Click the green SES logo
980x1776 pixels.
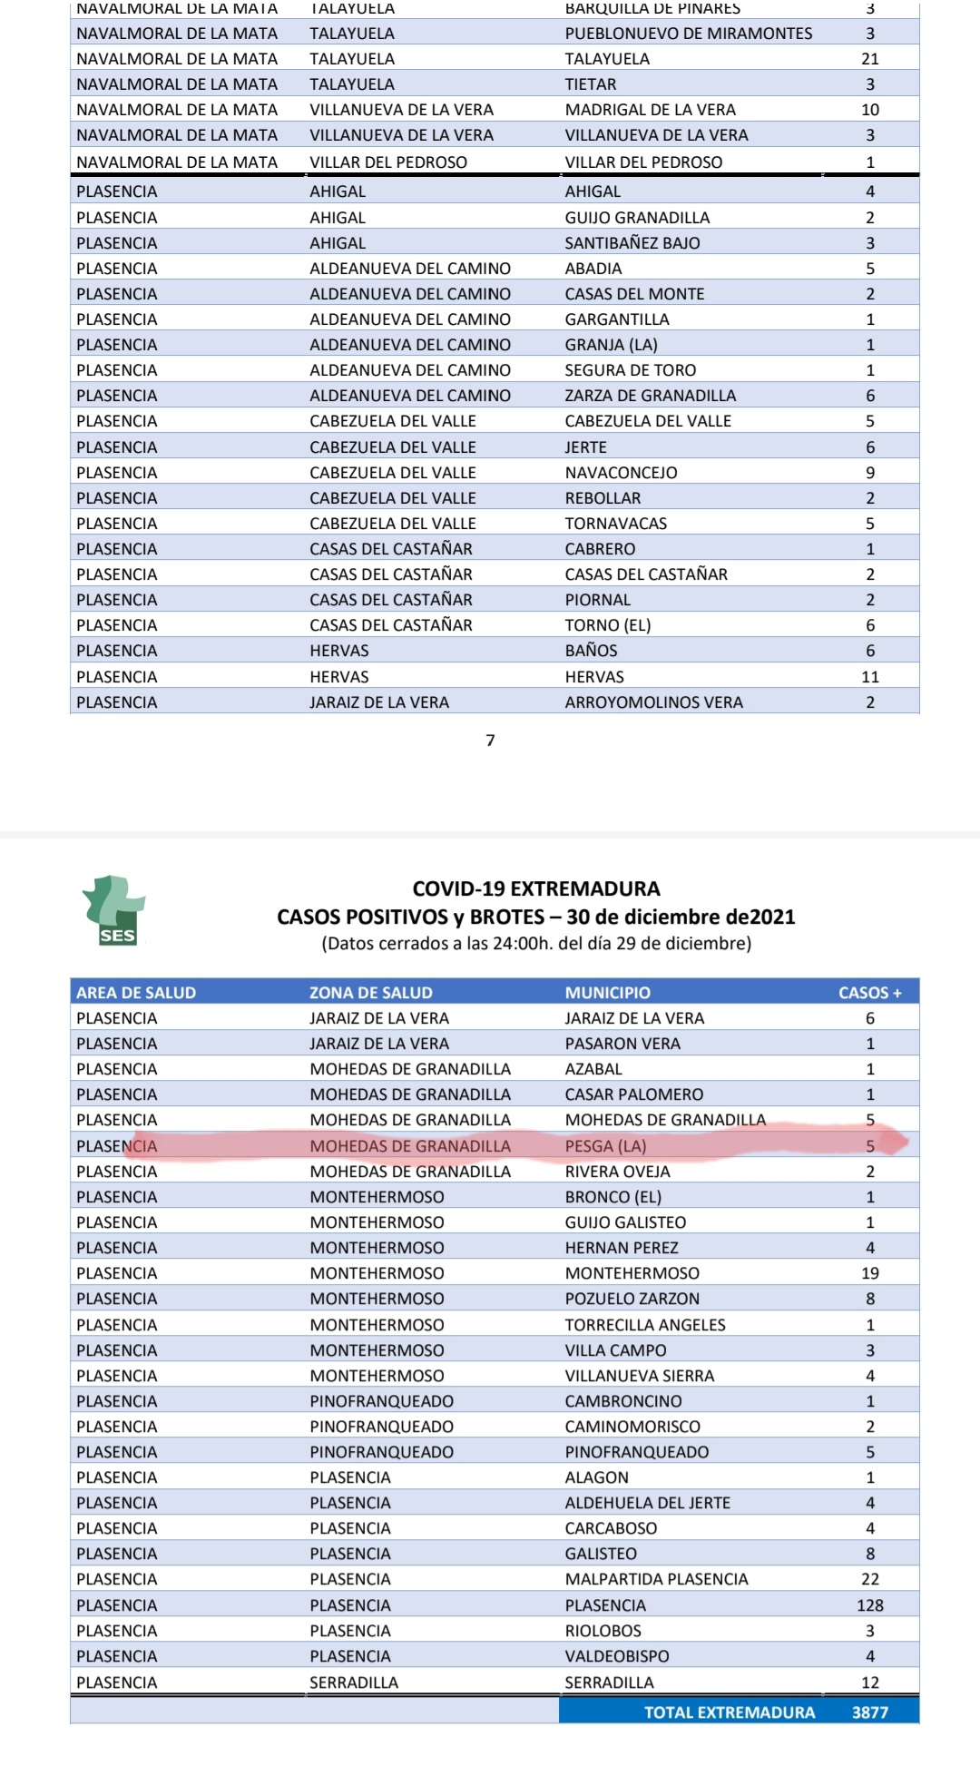[115, 911]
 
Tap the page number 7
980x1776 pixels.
[491, 741]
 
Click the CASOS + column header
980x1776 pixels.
[869, 992]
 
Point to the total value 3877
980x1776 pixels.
[869, 1712]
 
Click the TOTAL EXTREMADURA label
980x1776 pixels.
[730, 1712]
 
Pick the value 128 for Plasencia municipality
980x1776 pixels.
[869, 1605]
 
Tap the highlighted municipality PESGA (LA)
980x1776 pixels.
[605, 1146]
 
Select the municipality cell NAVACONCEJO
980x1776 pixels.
[621, 473]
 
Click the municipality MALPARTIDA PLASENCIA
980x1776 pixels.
[656, 1579]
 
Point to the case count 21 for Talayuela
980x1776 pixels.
[869, 59]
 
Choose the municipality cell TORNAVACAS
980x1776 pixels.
[615, 524]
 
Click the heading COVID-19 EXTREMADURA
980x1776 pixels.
[536, 888]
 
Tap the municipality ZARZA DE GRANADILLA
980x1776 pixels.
[650, 396]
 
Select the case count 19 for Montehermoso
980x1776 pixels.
[869, 1273]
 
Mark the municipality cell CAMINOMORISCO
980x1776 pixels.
[632, 1427]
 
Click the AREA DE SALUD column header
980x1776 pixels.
[136, 992]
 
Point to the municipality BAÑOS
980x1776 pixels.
[591, 651]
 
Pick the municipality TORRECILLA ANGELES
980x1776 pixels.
[645, 1325]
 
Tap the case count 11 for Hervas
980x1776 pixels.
[869, 677]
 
